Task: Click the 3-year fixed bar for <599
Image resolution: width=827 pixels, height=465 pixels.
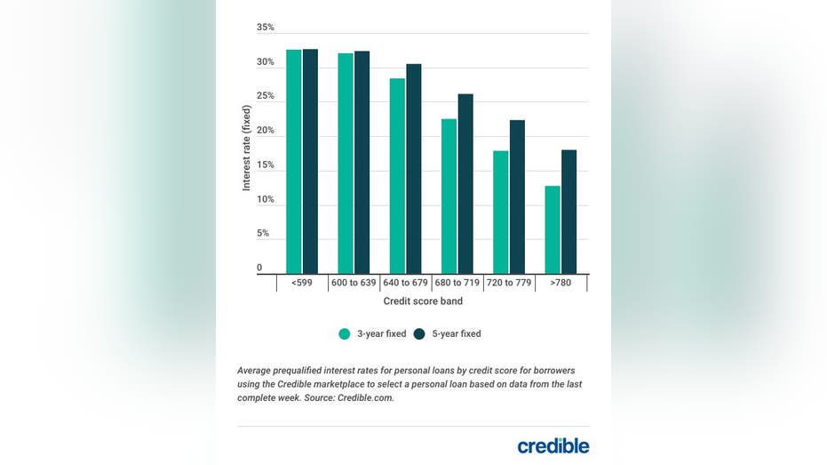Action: click(x=293, y=162)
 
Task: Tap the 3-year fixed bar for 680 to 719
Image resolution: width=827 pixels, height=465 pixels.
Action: click(x=449, y=196)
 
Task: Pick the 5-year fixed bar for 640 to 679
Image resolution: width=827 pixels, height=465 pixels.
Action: click(x=414, y=169)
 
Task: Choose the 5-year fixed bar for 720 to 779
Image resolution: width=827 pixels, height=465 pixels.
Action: click(x=517, y=196)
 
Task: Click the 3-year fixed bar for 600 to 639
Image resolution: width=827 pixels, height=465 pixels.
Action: click(x=345, y=164)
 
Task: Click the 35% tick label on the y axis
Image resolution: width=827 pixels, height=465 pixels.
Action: click(x=266, y=28)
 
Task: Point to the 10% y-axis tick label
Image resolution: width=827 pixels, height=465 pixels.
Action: click(x=266, y=199)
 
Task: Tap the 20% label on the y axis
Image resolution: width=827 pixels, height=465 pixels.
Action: click(x=266, y=131)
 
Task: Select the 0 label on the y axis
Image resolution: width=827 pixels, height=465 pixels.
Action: click(x=259, y=268)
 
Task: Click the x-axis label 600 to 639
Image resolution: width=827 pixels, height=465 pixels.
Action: click(x=354, y=284)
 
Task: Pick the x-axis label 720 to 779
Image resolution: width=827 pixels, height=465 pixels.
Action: click(x=509, y=284)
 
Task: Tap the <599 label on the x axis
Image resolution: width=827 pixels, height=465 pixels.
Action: click(x=301, y=284)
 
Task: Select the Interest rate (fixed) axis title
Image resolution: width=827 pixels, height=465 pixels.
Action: click(x=247, y=148)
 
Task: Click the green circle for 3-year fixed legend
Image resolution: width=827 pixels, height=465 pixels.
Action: click(x=344, y=334)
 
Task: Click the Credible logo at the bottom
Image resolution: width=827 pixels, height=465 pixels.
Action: click(x=553, y=445)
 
